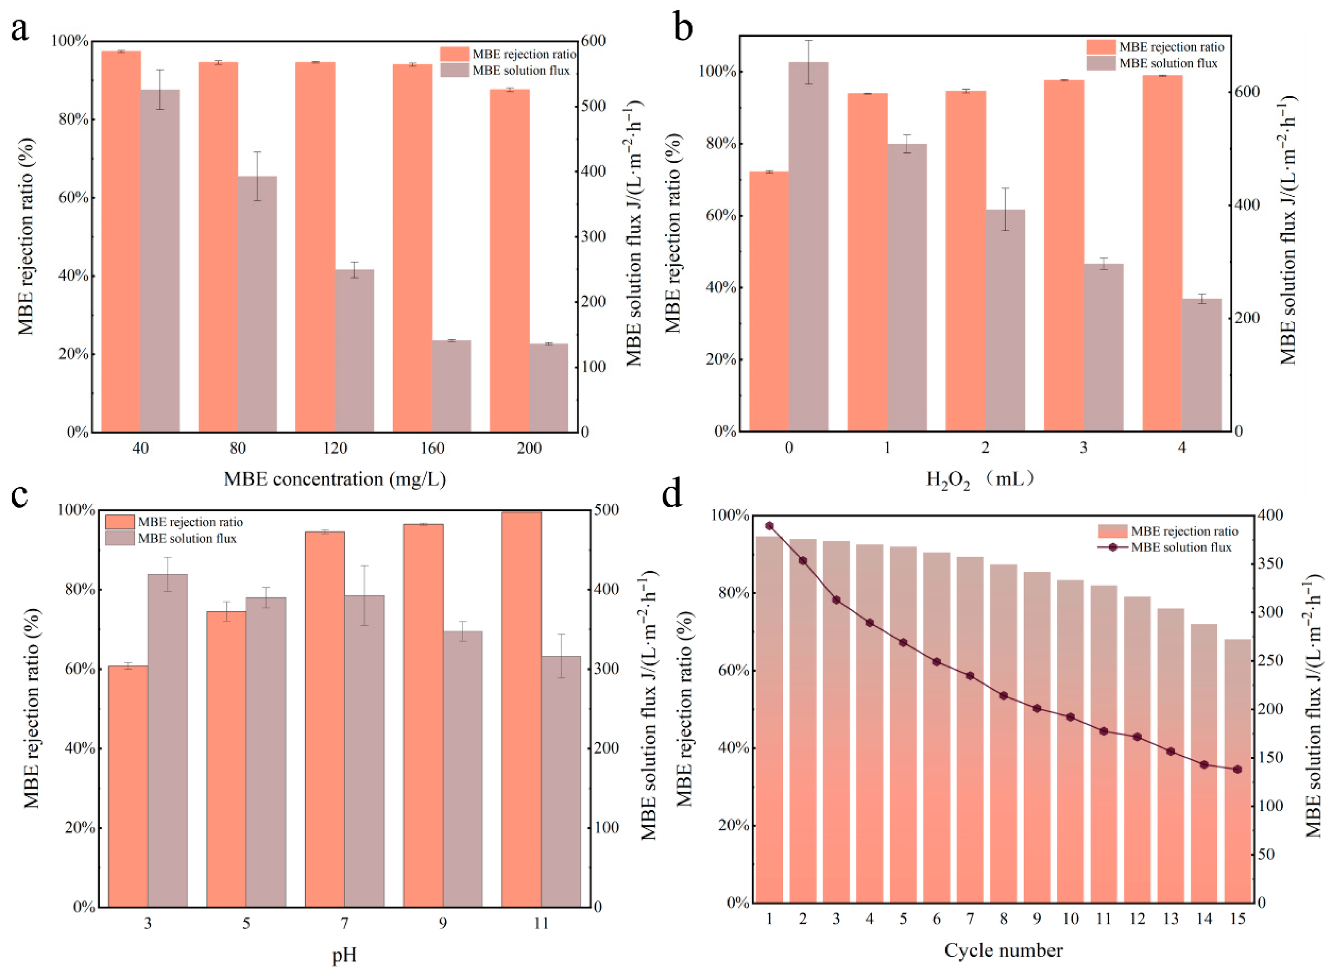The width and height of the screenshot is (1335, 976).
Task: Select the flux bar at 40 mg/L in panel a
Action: tap(160, 260)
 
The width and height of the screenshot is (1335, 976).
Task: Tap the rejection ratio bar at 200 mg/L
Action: tap(509, 260)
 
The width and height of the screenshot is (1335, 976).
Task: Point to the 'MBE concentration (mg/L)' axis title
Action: tap(335, 478)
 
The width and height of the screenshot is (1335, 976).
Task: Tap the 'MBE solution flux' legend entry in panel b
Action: tap(1168, 63)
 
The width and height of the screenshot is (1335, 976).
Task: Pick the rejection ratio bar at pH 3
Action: tap(128, 786)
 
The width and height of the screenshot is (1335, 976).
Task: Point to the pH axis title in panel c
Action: tap(344, 955)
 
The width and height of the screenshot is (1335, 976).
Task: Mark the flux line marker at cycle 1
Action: tap(769, 525)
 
